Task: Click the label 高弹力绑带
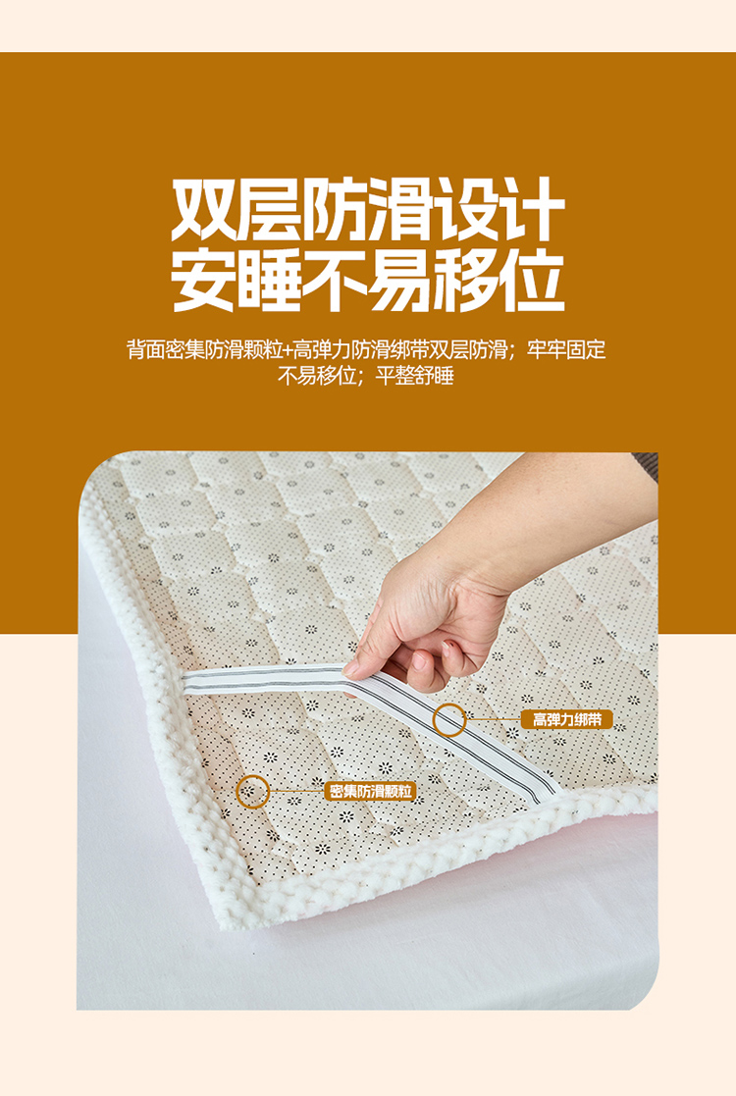click(567, 719)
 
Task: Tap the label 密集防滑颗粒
click(370, 791)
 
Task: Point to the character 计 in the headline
click(532, 209)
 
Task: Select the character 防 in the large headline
click(335, 209)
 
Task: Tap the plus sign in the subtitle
click(288, 348)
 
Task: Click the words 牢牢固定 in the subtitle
click(566, 348)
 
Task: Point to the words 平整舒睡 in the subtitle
click(415, 376)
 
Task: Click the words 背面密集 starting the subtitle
click(166, 348)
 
